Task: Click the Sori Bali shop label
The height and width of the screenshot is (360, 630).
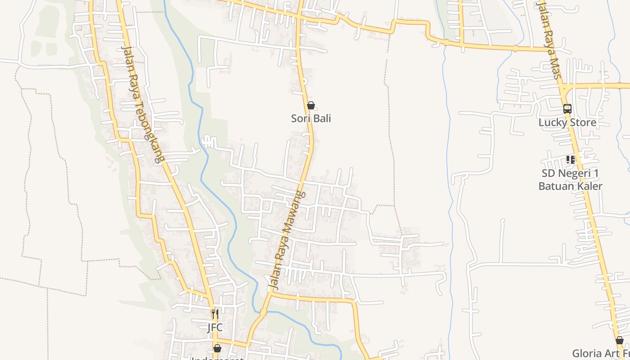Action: [x=311, y=118]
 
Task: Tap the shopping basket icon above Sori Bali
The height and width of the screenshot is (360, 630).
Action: [x=310, y=106]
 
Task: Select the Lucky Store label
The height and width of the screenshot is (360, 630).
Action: [x=567, y=122]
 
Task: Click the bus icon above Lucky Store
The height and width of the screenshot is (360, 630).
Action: [x=567, y=109]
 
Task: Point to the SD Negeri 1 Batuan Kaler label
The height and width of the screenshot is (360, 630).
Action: [x=570, y=180]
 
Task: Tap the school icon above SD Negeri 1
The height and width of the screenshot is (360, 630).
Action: [x=571, y=159]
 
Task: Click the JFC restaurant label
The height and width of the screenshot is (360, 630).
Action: [x=215, y=327]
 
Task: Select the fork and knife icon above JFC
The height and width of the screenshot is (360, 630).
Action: [x=215, y=314]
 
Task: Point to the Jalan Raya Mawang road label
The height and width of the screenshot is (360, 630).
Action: [x=286, y=240]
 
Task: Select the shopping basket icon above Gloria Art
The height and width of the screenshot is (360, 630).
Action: [x=620, y=340]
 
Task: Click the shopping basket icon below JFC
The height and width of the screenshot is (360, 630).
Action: [x=217, y=348]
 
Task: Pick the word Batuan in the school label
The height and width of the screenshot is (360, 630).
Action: [x=555, y=186]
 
